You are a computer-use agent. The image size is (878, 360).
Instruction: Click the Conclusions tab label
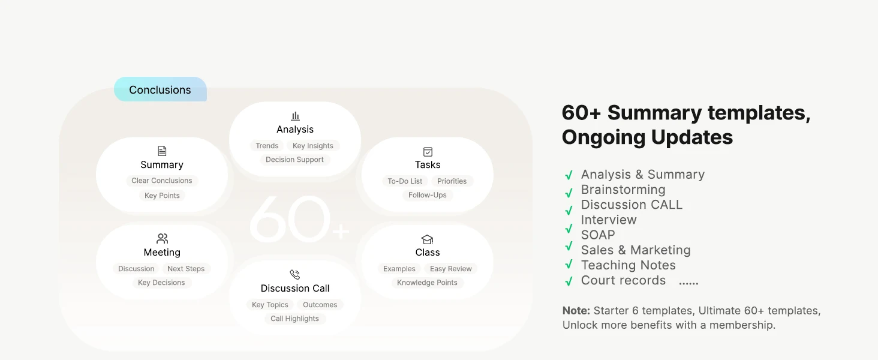coord(160,90)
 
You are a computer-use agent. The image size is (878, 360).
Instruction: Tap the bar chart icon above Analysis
coord(295,116)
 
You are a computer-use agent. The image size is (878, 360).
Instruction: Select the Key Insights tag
coord(313,146)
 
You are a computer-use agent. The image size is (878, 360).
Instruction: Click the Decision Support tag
coord(294,160)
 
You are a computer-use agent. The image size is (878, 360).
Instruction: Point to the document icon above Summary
coord(162,151)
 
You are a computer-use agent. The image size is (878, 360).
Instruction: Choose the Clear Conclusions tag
coord(162,181)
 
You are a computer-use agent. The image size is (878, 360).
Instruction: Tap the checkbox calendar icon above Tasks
coord(428,151)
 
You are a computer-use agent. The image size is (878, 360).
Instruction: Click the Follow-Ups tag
coord(427,195)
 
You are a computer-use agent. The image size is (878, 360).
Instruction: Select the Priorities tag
coord(452,181)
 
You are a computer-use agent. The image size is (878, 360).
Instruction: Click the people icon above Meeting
coord(162,238)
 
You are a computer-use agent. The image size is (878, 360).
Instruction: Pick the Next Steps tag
coord(186,269)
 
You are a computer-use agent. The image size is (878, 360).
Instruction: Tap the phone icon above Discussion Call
coord(294,274)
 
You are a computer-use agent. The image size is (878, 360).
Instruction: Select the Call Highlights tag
coord(294,319)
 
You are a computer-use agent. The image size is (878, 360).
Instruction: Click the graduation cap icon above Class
coord(427,239)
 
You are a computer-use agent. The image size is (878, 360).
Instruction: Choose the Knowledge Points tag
coord(427,283)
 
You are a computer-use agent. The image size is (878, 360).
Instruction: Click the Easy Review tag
coord(451,269)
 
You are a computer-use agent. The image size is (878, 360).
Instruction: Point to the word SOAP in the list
coord(598,235)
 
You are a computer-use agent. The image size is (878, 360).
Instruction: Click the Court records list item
coord(623,280)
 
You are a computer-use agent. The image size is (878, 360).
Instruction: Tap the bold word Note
coord(576,311)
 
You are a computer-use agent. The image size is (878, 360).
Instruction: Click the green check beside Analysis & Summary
coord(569,175)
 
